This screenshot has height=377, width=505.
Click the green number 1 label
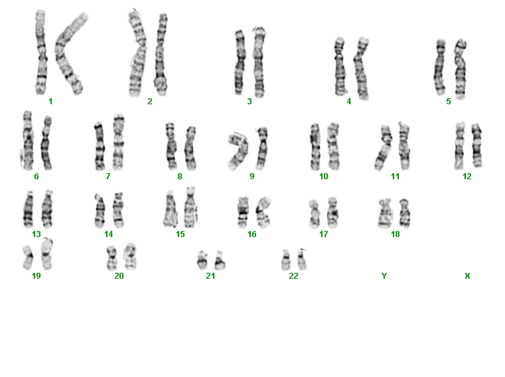[x=50, y=102]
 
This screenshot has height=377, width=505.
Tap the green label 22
[x=293, y=276]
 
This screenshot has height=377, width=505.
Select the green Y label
[x=384, y=276]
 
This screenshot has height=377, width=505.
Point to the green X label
[x=467, y=276]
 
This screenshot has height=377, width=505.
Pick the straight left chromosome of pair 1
[x=40, y=52]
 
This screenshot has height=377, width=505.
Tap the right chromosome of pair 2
[x=161, y=54]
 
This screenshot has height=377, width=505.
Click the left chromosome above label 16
[x=243, y=212]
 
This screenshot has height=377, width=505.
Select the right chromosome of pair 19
[x=46, y=254]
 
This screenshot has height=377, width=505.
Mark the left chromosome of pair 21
[x=202, y=260]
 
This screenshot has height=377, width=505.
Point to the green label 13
[x=36, y=234]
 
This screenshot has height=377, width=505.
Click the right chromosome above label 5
[x=461, y=68]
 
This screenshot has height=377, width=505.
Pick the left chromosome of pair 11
[x=384, y=147]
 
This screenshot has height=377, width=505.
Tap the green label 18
[x=396, y=234]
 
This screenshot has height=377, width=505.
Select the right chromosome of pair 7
[x=119, y=142]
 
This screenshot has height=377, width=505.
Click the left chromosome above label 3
[x=240, y=62]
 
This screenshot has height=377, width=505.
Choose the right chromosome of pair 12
[x=476, y=145]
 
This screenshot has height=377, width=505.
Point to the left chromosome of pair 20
[x=111, y=258]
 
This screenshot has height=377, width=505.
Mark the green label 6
[x=36, y=177]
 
